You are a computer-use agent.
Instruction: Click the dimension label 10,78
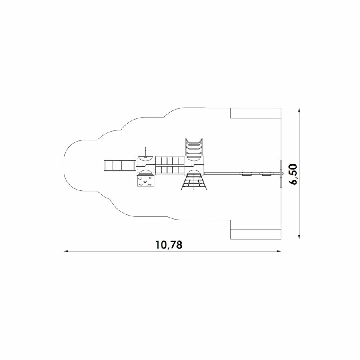click(169, 245)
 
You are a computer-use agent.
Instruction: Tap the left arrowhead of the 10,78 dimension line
click(66, 251)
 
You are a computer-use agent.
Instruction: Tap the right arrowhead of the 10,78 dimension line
click(279, 251)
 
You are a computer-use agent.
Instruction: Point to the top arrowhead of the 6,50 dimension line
click(299, 110)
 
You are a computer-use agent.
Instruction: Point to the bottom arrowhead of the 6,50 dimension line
click(299, 237)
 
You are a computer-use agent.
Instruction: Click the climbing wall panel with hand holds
click(145, 181)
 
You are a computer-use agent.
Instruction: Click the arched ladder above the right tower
click(194, 147)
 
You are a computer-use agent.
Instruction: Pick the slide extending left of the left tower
click(119, 166)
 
